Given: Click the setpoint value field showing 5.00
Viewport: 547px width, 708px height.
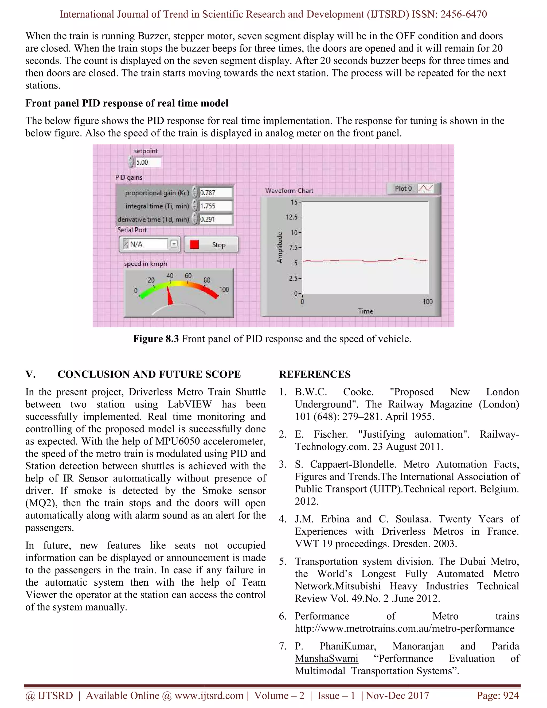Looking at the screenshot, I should pos(147,162).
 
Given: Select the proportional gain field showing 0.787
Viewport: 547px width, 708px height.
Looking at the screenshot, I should pos(215,193).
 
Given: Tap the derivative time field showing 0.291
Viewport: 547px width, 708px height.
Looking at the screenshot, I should pos(215,219).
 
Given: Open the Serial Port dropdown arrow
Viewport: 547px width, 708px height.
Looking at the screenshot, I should pos(174,244).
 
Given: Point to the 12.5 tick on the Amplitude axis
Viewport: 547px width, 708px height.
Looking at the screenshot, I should pos(293,217).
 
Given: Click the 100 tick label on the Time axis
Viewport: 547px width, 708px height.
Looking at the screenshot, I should pos(427,301).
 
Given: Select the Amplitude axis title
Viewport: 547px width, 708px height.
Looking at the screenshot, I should pos(280,247).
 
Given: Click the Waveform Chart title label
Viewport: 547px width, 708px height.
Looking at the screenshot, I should pos(289,190).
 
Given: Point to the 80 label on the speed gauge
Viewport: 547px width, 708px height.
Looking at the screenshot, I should pos(207,280).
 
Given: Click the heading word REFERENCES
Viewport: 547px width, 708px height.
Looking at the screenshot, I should pos(315,374).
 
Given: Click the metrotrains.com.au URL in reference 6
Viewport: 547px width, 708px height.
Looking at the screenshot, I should pos(404,628).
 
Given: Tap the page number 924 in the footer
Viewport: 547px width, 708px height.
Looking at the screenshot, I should pos(512,695).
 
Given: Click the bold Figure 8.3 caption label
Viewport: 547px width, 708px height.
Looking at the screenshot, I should pos(156,339).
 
